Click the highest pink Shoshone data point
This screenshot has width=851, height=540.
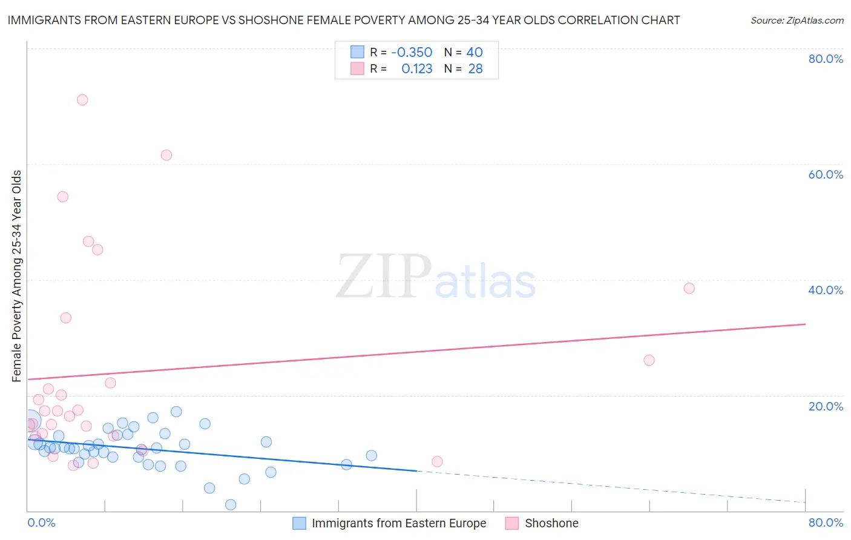[82, 100]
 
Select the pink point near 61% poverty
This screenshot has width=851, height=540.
[166, 155]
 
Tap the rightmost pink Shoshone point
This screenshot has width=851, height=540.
[689, 288]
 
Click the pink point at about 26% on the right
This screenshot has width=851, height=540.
[649, 360]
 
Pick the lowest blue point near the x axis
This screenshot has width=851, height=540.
[231, 505]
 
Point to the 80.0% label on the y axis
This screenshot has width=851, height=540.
[826, 59]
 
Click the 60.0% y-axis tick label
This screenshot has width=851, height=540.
[826, 174]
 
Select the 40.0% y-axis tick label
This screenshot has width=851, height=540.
[826, 290]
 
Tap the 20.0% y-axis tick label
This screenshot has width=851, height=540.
[826, 406]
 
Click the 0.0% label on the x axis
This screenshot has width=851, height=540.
[41, 522]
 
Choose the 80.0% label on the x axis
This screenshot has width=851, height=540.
[826, 522]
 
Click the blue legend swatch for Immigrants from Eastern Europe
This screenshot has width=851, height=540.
[299, 523]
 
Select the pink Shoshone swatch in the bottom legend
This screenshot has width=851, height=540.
[512, 523]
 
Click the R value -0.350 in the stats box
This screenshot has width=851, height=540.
[412, 53]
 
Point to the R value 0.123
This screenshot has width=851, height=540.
[416, 69]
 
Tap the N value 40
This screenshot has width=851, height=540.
[475, 53]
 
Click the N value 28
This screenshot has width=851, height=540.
[475, 69]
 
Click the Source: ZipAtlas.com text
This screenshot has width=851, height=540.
[797, 21]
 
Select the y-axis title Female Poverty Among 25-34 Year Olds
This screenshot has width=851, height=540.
[17, 276]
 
